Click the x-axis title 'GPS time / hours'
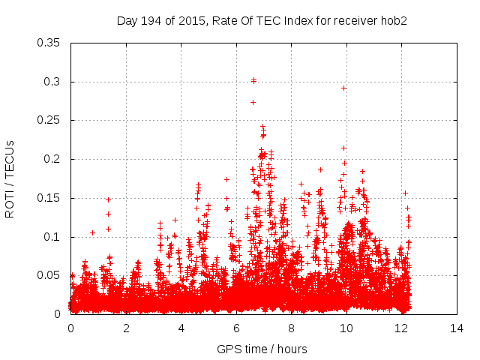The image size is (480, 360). pos(262,349)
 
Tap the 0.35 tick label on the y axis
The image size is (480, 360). pos(50,43)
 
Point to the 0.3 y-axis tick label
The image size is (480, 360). pos(53,82)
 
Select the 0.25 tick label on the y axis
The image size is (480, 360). pos(50,120)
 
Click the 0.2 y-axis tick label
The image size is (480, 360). pos(53,159)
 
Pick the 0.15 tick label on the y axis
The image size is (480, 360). pos(50,198)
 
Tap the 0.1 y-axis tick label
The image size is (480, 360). pos(53,237)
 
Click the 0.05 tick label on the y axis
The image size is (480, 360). pos(50,275)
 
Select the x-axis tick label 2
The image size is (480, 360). pos(126,328)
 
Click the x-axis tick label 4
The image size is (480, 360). pos(181,328)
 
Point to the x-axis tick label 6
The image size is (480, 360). pos(236,328)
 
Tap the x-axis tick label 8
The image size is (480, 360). pos(292,328)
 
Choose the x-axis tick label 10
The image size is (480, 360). pos(346,328)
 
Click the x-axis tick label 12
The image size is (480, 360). pos(402,328)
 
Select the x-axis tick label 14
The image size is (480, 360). pos(457,328)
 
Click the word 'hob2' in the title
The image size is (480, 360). pos(393,20)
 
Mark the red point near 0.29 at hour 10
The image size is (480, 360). pos(344,88)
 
